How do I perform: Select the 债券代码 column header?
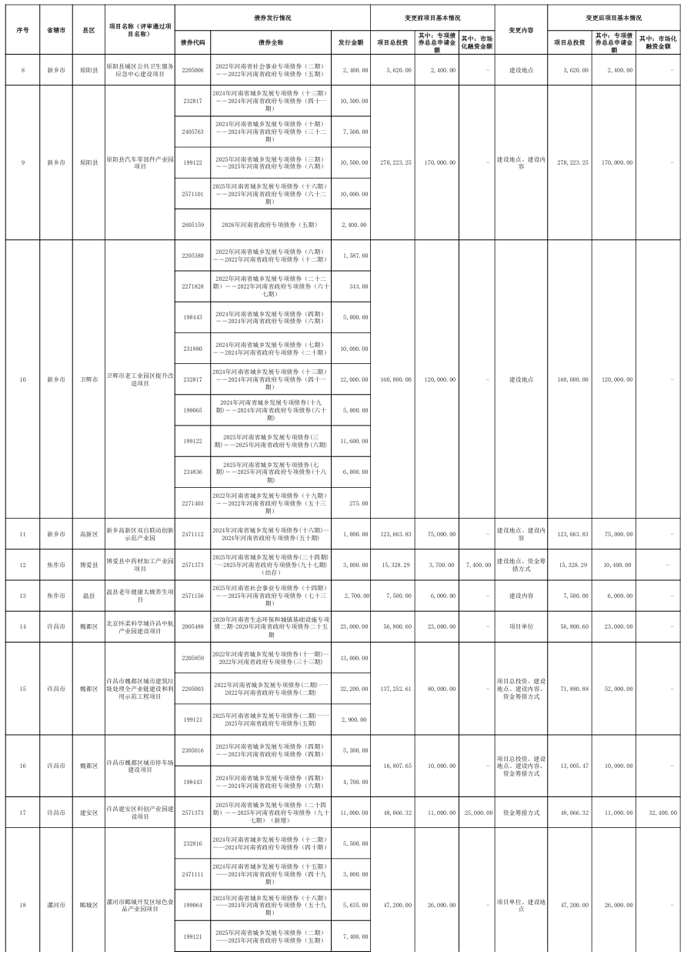(x=192, y=42)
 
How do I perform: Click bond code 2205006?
(x=192, y=70)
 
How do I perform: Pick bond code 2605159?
(x=192, y=225)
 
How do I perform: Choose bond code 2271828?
(x=192, y=286)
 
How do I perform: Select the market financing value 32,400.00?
(x=660, y=812)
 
